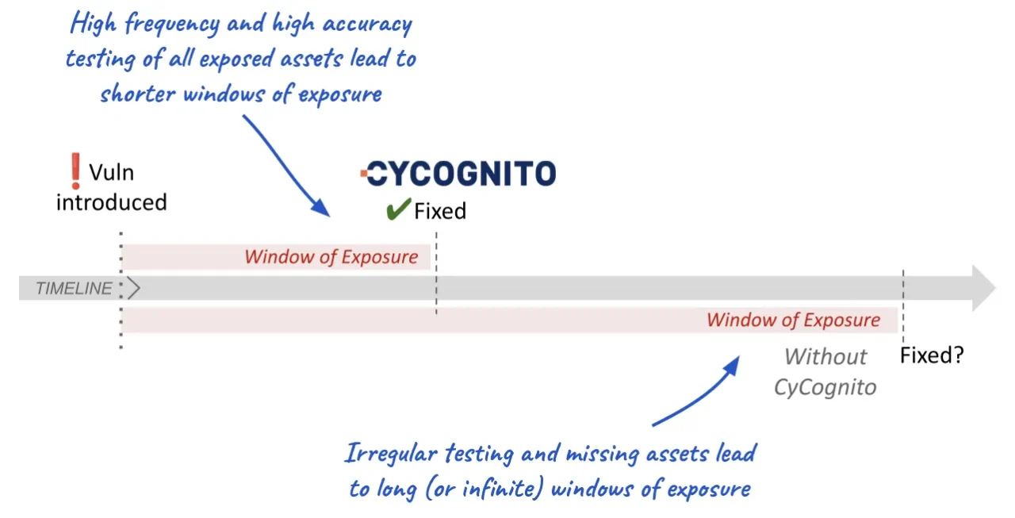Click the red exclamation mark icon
(x=75, y=171)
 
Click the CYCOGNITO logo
(x=458, y=174)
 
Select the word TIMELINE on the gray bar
(x=74, y=288)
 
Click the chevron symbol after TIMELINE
(x=134, y=288)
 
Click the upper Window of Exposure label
(x=331, y=257)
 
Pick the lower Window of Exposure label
(x=793, y=320)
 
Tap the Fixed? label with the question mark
(x=932, y=355)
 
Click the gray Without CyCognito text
(x=825, y=372)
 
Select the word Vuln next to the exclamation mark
(x=112, y=173)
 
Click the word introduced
(x=112, y=202)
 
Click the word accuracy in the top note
(x=367, y=24)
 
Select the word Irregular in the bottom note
(x=391, y=454)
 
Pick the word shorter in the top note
(x=138, y=94)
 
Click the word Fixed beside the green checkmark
(x=440, y=211)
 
